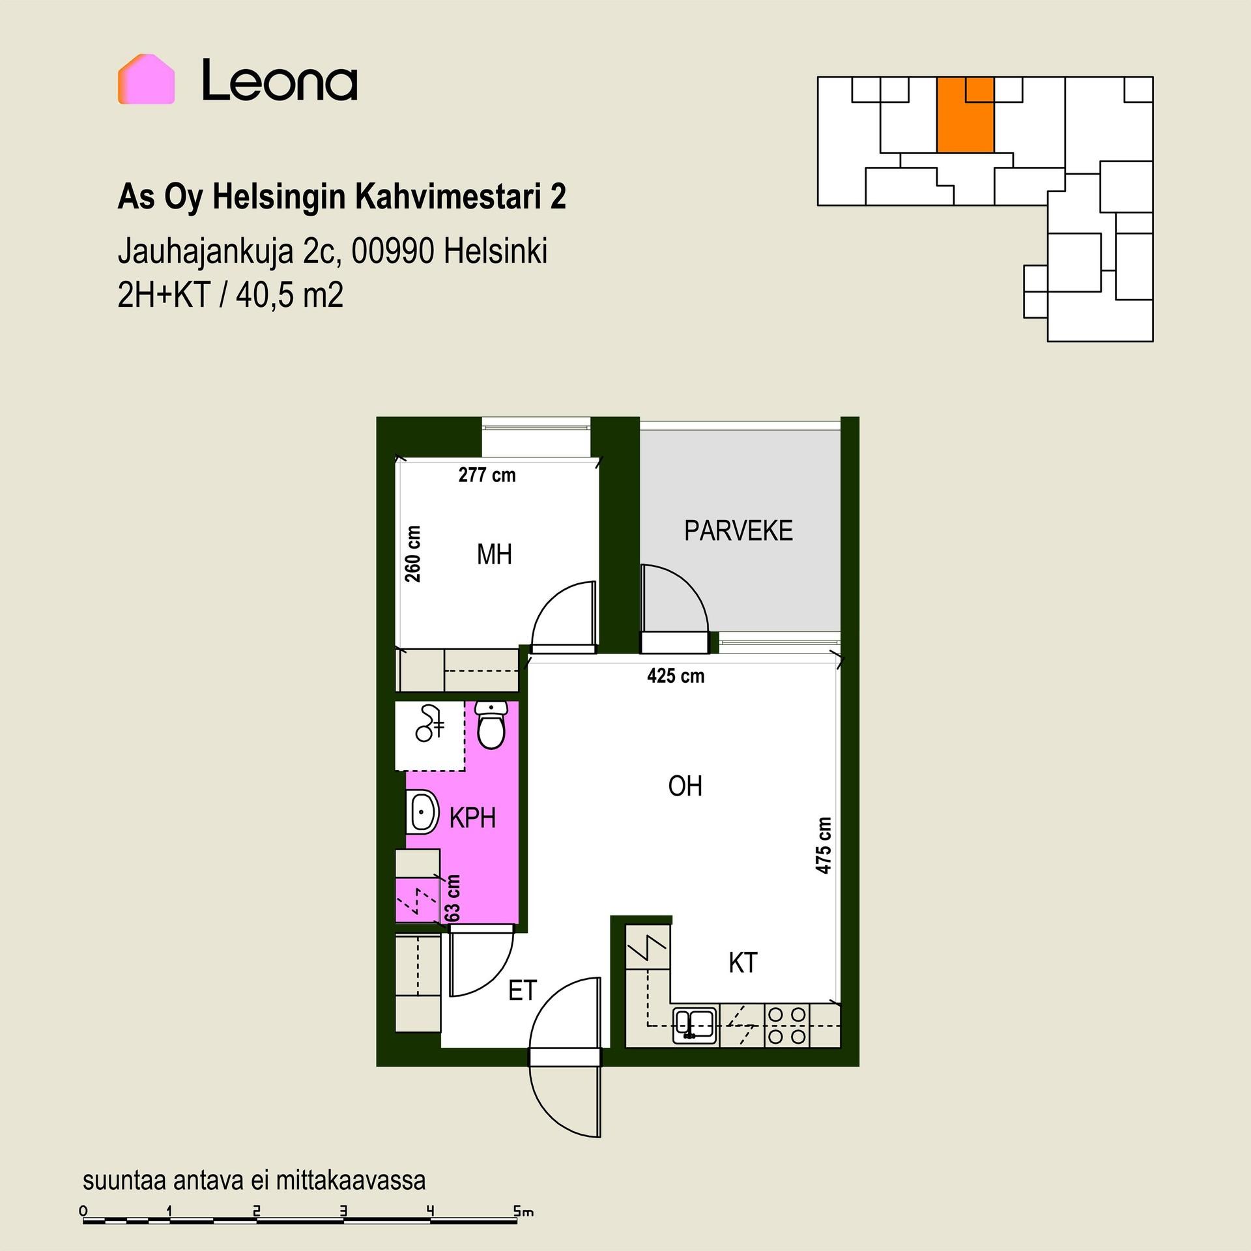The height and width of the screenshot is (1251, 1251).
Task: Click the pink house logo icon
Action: pos(146,79)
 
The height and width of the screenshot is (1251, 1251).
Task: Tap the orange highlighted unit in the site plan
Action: pos(965,115)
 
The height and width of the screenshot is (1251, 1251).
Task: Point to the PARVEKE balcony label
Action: pos(738,531)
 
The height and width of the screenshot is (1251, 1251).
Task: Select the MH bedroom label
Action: pos(494,554)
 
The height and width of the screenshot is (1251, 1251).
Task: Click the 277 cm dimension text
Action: pos(487,475)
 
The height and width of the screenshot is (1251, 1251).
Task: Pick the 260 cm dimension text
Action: pos(412,554)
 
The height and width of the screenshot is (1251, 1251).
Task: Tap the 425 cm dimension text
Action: pos(676,676)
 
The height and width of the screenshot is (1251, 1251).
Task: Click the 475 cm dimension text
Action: pos(824,845)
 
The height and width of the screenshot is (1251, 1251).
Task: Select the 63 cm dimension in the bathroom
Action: pos(452,898)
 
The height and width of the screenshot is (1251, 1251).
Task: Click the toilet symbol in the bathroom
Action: pos(491,725)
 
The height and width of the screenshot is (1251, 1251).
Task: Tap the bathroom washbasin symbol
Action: pos(422,812)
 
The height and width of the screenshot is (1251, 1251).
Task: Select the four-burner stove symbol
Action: pos(786,1025)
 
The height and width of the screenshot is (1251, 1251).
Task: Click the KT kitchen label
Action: pos(743,963)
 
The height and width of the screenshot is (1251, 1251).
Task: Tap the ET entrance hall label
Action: pos(522,991)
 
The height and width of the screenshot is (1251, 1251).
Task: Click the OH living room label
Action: pos(685,786)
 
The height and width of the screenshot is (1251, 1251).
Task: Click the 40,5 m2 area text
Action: pos(289,295)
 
